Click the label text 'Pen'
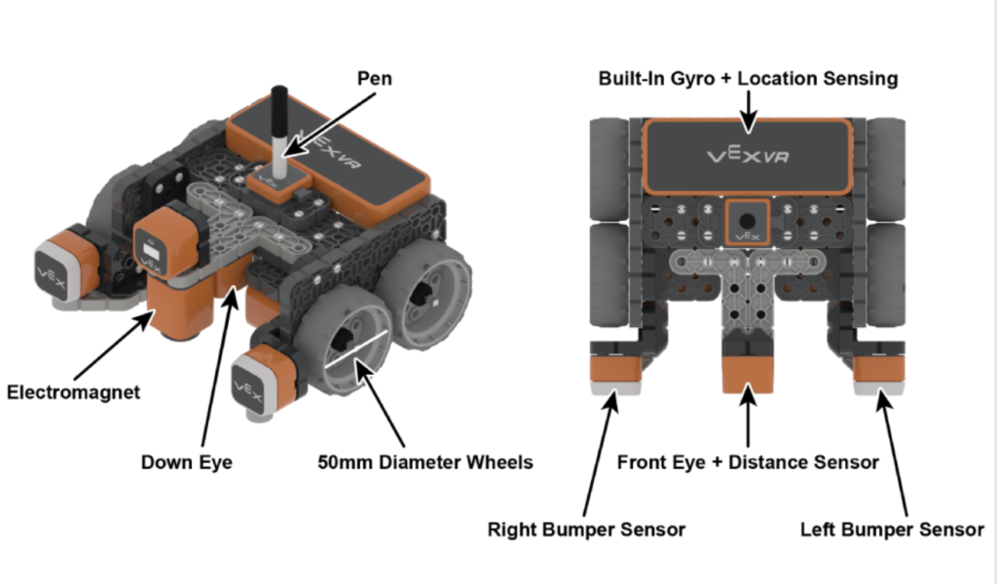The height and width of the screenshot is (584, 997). (x=374, y=78)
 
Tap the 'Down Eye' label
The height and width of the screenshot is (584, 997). (x=187, y=462)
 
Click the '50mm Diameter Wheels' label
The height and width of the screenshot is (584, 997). (x=425, y=462)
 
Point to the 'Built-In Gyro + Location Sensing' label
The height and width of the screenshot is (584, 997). (x=748, y=78)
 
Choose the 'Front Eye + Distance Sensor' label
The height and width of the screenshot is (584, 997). (x=748, y=462)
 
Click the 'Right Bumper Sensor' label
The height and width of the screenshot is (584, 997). (x=587, y=529)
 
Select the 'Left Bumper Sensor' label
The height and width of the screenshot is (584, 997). (x=892, y=529)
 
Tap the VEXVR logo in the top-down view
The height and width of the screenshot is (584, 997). (x=747, y=154)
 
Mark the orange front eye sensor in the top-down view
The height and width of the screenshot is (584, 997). (x=747, y=373)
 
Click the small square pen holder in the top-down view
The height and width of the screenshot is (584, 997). (x=747, y=222)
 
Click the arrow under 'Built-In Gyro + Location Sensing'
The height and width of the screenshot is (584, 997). (x=748, y=112)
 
